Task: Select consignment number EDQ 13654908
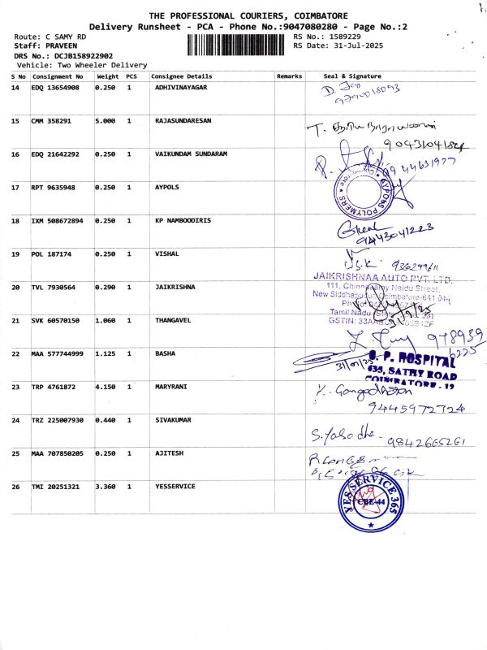55,87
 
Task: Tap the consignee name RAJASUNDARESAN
183,120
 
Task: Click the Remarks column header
289,76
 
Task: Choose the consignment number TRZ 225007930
57,421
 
